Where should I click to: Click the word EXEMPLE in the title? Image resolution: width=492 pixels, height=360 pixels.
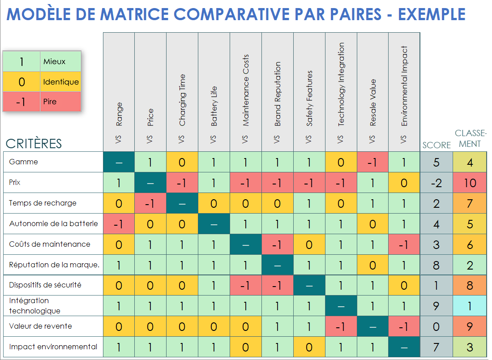[x=432, y=14]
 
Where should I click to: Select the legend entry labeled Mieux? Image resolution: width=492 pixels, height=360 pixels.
[x=54, y=62]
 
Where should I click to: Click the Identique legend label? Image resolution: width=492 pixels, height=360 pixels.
[x=61, y=82]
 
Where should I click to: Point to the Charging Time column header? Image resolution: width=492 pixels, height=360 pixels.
[x=182, y=100]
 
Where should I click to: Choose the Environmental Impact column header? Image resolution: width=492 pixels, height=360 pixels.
[x=404, y=86]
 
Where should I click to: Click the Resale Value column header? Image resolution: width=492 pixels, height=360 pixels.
[x=372, y=103]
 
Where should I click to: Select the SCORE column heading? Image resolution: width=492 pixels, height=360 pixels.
[x=436, y=145]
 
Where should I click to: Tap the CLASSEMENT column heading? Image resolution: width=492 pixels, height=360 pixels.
[x=470, y=138]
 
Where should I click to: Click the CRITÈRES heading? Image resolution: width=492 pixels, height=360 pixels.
[x=34, y=144]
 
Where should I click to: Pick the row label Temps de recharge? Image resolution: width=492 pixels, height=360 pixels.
[x=43, y=203]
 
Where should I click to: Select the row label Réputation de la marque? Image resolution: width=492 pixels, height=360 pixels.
[x=54, y=265]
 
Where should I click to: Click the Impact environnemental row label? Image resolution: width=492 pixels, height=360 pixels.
[x=53, y=347]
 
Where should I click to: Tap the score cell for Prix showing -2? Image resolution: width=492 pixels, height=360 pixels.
[x=436, y=183]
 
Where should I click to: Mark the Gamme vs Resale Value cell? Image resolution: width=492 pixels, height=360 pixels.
[x=372, y=162]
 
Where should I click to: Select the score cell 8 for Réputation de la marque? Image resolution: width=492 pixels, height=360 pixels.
[x=436, y=265]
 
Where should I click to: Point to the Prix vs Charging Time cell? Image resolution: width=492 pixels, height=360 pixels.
[x=182, y=183]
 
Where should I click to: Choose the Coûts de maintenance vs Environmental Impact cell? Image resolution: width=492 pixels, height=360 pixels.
[x=404, y=244]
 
